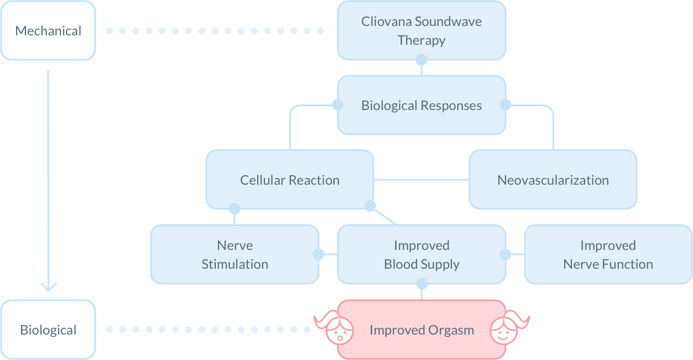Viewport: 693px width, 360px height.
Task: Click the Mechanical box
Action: [48, 31]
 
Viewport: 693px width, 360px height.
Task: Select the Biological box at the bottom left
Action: [48, 330]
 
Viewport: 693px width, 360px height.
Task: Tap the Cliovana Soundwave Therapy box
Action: [421, 30]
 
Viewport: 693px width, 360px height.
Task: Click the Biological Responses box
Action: [421, 105]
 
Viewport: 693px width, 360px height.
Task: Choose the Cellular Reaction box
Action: [290, 180]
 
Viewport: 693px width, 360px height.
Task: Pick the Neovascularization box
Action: [553, 180]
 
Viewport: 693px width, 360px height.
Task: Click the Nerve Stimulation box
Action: [235, 254]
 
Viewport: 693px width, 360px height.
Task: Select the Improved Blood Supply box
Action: [421, 254]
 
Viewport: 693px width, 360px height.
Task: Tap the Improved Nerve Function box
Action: [608, 254]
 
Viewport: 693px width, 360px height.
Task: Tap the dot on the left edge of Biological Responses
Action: [337, 105]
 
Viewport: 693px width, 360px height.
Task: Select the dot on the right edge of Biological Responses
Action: [506, 105]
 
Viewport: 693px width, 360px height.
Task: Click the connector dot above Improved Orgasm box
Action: [421, 284]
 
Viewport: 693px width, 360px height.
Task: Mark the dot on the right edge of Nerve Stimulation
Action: [319, 254]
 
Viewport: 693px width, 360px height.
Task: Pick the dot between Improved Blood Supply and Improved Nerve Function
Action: [506, 254]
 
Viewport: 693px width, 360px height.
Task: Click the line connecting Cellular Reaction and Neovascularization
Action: [421, 180]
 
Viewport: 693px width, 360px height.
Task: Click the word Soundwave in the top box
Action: [448, 22]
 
